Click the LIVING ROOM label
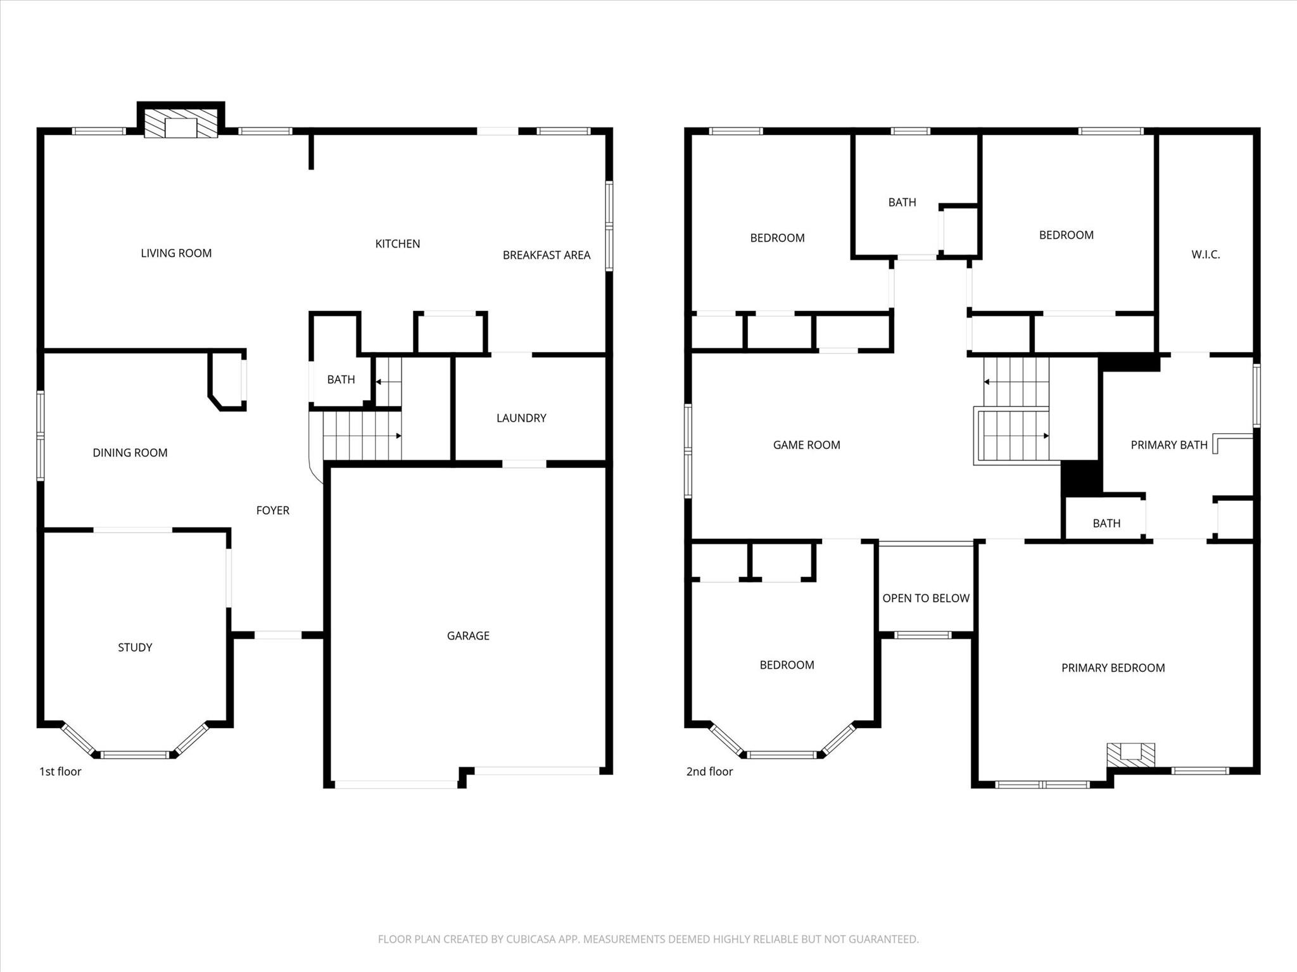pyautogui.click(x=176, y=253)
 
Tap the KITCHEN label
pyautogui.click(x=398, y=244)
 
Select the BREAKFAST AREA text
pyautogui.click(x=547, y=255)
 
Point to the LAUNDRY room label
pyautogui.click(x=521, y=418)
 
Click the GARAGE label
pyautogui.click(x=468, y=636)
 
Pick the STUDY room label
pyautogui.click(x=135, y=647)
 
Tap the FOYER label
pyautogui.click(x=272, y=510)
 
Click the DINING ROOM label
pyautogui.click(x=130, y=453)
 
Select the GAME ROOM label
pyautogui.click(x=806, y=445)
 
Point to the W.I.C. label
pyautogui.click(x=1205, y=255)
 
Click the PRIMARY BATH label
pyautogui.click(x=1168, y=445)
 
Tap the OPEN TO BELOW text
pyautogui.click(x=926, y=598)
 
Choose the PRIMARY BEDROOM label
pyautogui.click(x=1113, y=668)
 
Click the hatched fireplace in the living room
pyautogui.click(x=181, y=123)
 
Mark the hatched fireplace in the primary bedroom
pyautogui.click(x=1130, y=755)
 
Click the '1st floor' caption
pyautogui.click(x=60, y=771)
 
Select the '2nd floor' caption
pyautogui.click(x=709, y=771)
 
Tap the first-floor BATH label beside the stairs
pyautogui.click(x=341, y=380)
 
